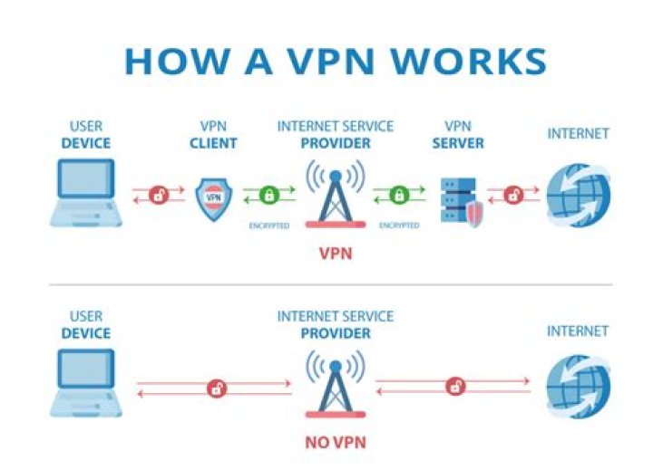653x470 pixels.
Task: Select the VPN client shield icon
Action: click(x=214, y=197)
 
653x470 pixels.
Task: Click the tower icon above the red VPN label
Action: click(x=336, y=193)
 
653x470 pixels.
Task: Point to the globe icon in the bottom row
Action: click(x=578, y=383)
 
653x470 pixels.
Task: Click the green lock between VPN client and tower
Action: click(x=269, y=195)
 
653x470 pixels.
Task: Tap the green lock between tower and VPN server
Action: click(x=399, y=195)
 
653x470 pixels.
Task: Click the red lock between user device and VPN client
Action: click(x=160, y=195)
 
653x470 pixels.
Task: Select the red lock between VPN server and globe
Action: click(x=513, y=195)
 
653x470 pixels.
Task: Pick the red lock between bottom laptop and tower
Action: click(x=216, y=388)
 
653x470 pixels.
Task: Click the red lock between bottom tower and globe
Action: click(x=455, y=387)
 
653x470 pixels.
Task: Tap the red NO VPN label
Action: click(x=336, y=445)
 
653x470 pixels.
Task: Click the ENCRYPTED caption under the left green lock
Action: click(x=268, y=225)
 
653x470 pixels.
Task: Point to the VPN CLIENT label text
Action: click(x=213, y=135)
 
